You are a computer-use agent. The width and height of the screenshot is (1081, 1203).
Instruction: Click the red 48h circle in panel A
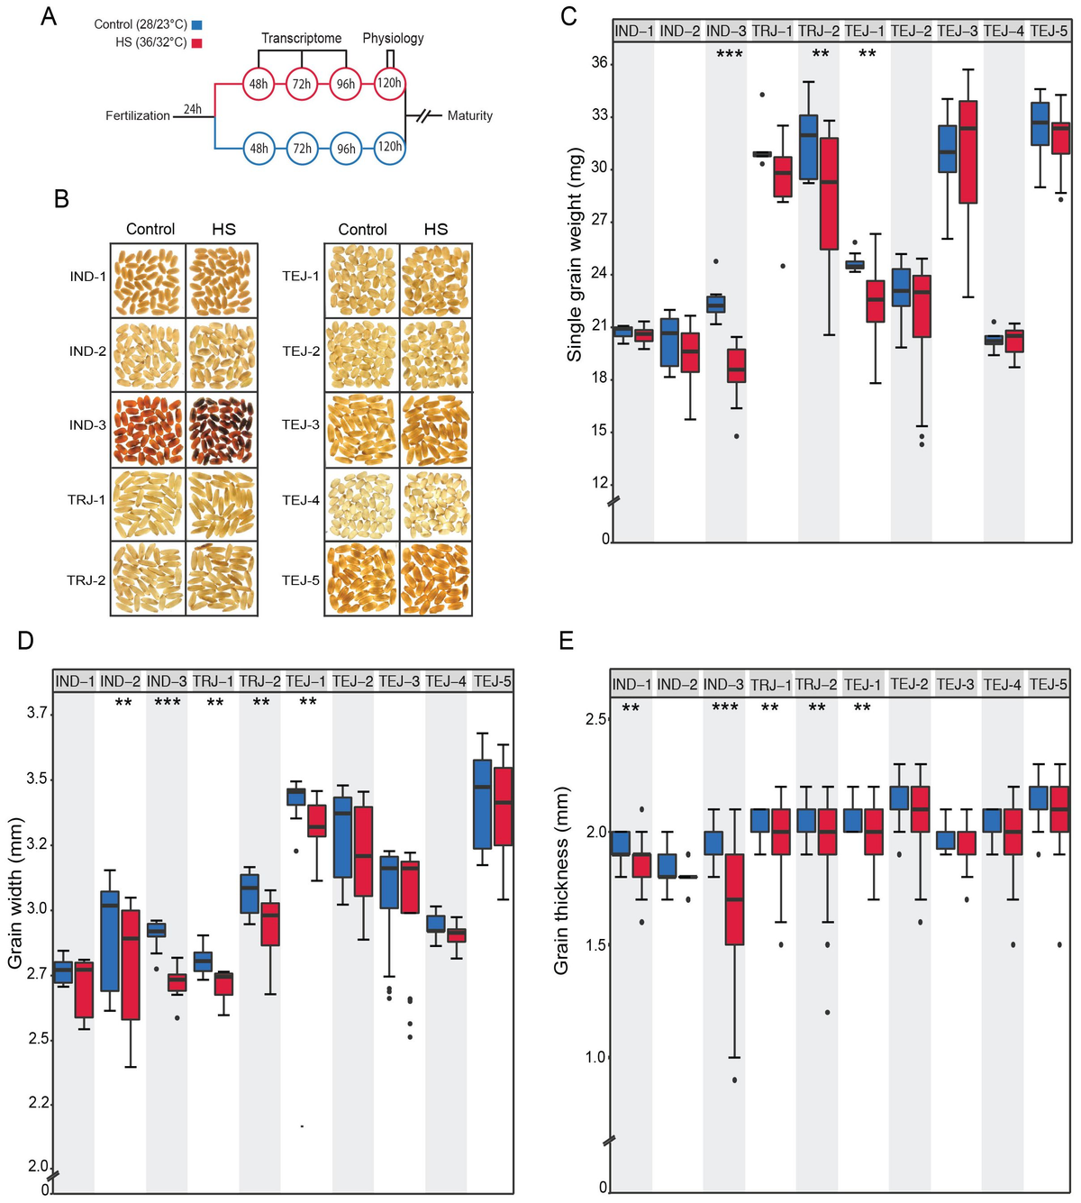tap(259, 84)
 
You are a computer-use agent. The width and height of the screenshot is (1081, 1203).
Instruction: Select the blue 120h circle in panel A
tap(389, 147)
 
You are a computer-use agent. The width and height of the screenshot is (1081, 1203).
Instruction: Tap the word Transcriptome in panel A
tap(301, 38)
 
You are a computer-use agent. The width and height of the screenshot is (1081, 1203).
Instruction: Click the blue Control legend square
tap(196, 24)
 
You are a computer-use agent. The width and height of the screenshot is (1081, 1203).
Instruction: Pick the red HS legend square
tap(196, 42)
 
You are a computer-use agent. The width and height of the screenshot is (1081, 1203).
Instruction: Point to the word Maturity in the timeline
tap(469, 115)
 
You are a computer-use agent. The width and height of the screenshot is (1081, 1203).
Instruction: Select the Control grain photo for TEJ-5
tap(362, 578)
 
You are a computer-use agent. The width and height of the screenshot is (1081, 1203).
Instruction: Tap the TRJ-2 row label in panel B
tap(86, 580)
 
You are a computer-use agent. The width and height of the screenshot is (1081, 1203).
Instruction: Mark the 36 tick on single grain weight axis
tap(599, 63)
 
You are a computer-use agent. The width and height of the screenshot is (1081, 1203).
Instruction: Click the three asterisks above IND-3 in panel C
tap(729, 55)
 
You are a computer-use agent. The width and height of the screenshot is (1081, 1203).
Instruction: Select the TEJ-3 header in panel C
tap(957, 31)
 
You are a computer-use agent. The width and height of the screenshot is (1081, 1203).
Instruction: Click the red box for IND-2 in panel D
tap(131, 964)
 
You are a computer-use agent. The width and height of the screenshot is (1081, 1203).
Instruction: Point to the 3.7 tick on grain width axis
tap(37, 713)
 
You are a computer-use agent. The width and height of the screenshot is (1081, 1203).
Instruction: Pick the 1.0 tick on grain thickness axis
tap(595, 1057)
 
